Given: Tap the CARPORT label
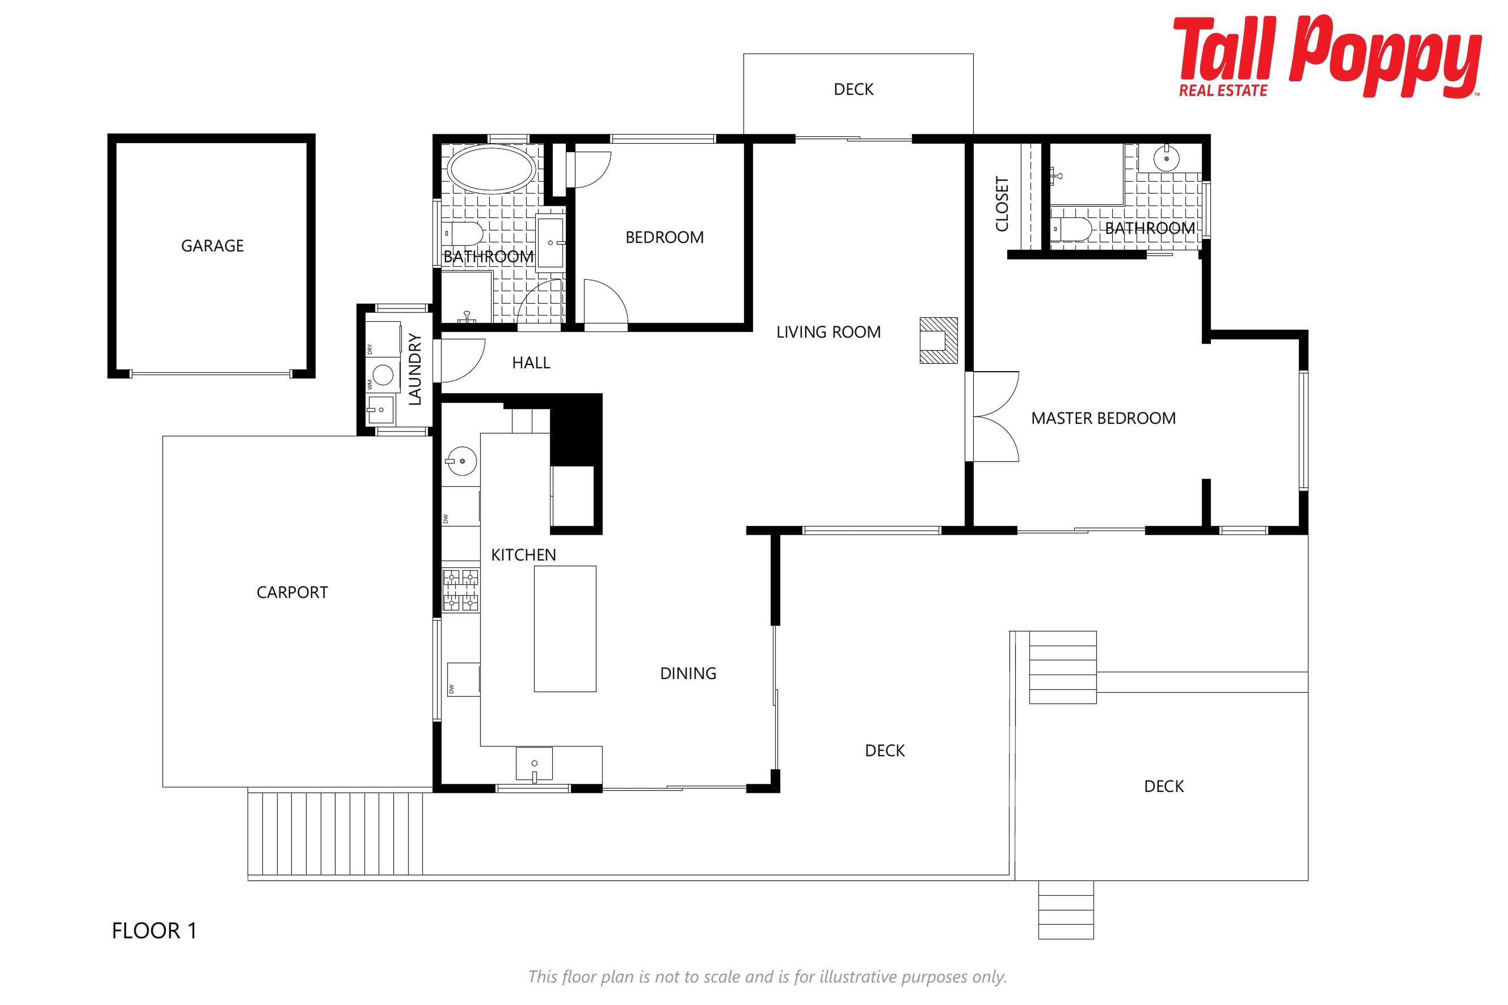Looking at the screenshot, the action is [292, 592].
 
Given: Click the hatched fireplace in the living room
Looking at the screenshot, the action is [939, 340].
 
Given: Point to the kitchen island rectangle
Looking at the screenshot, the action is [565, 628].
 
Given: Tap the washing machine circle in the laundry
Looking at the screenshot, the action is [383, 374].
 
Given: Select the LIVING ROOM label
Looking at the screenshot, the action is [828, 332].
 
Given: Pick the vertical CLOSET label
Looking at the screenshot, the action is [1002, 204].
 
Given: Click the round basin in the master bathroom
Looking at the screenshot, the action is [1166, 158].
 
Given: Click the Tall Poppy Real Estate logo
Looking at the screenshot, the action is [1328, 57].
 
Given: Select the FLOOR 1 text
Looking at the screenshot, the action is [154, 931].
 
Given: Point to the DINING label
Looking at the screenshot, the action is [688, 673].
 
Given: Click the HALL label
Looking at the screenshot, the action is [531, 363].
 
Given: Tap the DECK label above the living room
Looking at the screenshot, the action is [853, 89].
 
